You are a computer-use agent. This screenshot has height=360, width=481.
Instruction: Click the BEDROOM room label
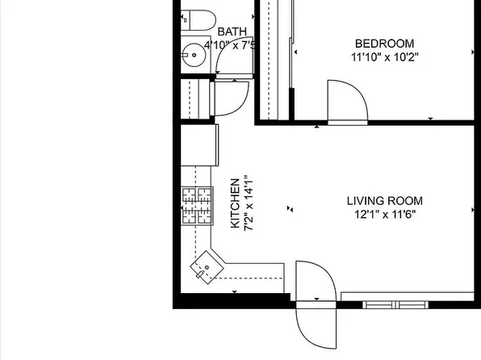coord(384,44)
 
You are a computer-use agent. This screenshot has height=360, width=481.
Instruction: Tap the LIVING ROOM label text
coord(385,201)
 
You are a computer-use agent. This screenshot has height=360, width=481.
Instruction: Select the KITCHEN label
coord(235,203)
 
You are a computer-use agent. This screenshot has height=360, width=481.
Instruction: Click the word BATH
coord(232,31)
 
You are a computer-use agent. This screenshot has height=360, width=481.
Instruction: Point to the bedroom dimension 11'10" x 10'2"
coord(385,57)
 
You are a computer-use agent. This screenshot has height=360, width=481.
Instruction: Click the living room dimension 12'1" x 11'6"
coord(385,214)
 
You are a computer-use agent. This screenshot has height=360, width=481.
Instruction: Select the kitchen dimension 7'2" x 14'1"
coord(249,203)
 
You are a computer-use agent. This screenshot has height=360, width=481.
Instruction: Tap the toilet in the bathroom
coord(199,20)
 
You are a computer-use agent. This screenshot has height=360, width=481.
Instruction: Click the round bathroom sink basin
coord(194,55)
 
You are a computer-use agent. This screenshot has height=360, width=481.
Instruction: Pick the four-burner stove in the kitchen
coord(197,206)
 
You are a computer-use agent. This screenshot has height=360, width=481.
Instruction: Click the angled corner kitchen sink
coord(207,267)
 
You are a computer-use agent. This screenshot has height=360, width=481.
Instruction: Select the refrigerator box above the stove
coord(199,144)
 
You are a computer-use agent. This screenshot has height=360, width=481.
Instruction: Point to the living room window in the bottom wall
coord(395,305)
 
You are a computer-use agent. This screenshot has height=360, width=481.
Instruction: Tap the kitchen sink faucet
coord(199,274)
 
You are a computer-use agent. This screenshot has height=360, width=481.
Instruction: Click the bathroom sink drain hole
coord(194,55)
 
